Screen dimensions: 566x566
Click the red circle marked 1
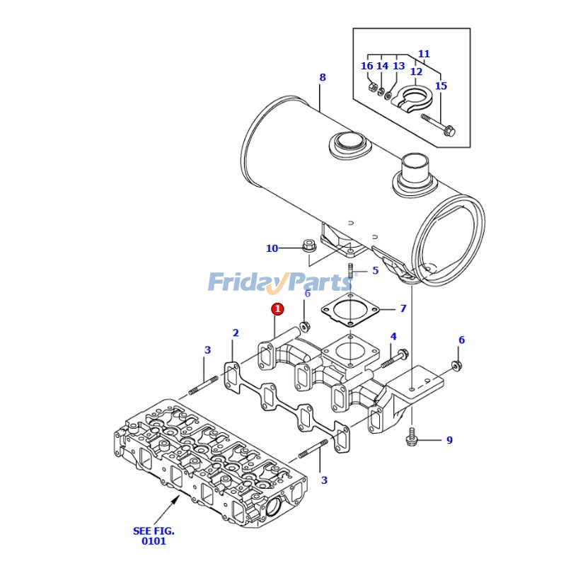point(278,309)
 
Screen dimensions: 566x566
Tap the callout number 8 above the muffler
point(323,77)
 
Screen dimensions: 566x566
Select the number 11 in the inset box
point(424,54)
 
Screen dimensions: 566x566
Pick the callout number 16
point(366,67)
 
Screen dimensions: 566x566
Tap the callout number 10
point(272,248)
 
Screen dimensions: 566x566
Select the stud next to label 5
point(350,270)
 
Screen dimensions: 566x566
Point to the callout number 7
point(403,308)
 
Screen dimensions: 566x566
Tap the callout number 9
point(449,441)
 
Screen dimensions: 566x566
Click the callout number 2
point(236,333)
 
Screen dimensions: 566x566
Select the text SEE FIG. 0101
point(154,536)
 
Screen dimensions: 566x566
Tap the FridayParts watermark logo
point(279,282)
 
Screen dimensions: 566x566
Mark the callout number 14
point(382,67)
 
